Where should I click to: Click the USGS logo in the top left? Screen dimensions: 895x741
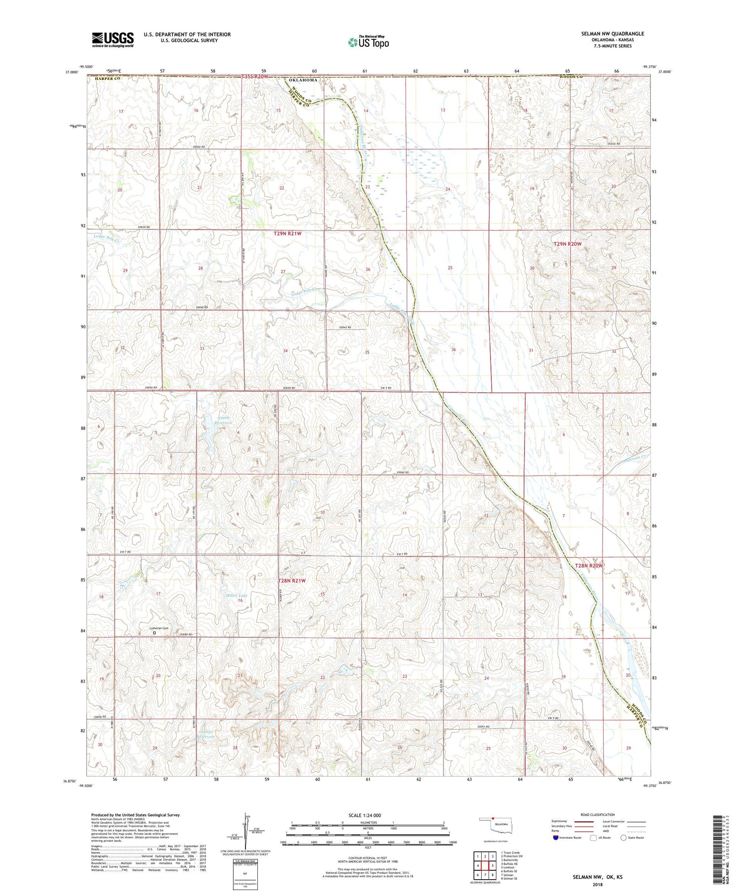[113, 39]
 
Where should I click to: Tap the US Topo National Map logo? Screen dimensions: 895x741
[368, 42]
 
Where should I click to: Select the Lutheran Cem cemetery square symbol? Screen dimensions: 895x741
[155, 632]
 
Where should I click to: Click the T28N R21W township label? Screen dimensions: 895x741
[292, 581]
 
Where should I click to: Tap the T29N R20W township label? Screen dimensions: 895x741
[568, 244]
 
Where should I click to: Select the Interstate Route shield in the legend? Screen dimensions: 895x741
[556, 838]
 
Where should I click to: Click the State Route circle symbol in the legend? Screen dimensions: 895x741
[624, 837]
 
